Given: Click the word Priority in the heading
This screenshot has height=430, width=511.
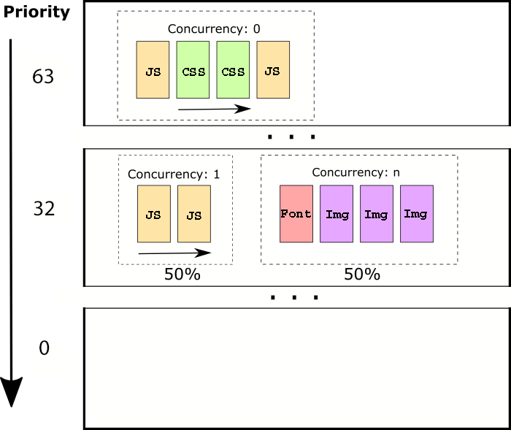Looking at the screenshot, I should pos(36,12).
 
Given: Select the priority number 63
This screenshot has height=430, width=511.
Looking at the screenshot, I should pos(43,77).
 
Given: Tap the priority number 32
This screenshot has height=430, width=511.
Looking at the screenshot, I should pos(43,210).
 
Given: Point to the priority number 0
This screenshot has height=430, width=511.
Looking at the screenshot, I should pos(43,348).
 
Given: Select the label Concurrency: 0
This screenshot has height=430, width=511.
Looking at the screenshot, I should pos(214,29).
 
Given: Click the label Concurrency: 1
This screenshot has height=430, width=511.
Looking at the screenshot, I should pos(173,174).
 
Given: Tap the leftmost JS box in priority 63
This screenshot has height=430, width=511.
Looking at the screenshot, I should pos(153,70).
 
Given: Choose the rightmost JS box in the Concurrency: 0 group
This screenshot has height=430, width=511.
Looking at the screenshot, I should pos(272,70).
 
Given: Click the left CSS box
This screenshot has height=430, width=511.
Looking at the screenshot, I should pos(193,70).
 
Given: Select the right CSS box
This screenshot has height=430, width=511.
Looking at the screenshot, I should pos(233,70).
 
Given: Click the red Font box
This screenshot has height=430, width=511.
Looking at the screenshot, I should pos(296,213).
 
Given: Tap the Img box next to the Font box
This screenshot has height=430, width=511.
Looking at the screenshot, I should pos(336,213).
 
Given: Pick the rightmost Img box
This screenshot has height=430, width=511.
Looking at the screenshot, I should pos(416,213).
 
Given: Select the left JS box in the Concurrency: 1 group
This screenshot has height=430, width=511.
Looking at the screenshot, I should pos(153,213).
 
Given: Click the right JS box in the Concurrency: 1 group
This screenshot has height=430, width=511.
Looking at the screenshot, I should pos(193,213).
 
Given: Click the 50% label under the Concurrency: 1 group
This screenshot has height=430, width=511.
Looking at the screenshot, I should pos(182,274).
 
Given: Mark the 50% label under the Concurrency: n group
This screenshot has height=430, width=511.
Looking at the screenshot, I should pos(362,274).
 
